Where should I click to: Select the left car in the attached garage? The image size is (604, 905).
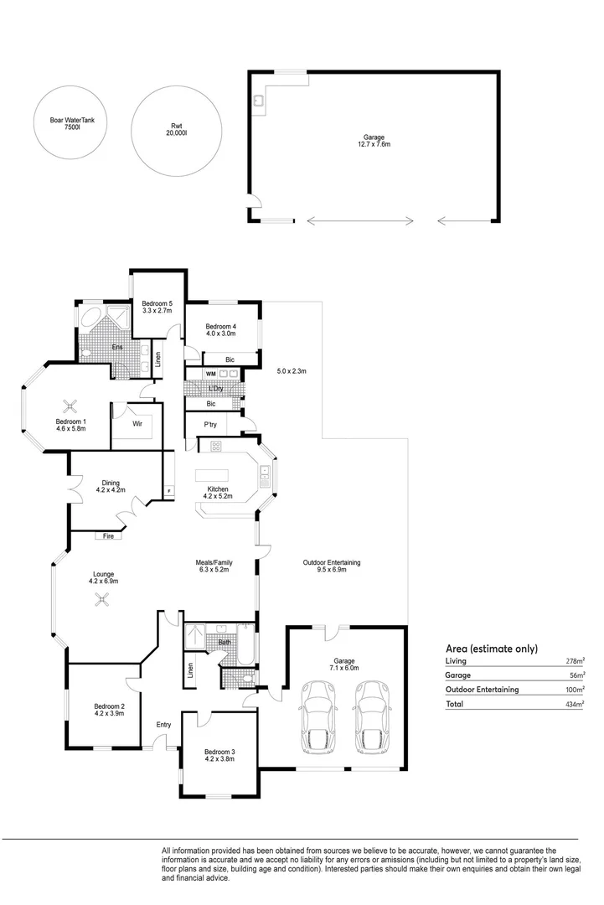tap(316, 716)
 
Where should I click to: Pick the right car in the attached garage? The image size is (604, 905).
tap(374, 716)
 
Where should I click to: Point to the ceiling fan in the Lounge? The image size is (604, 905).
tap(103, 600)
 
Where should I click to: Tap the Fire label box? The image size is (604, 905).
tap(108, 535)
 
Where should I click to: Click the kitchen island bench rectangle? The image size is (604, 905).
tap(212, 476)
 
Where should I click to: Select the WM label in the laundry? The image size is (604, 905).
tap(211, 374)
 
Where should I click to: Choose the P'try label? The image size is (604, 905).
tap(210, 424)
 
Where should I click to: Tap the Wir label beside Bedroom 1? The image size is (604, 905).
tap(137, 424)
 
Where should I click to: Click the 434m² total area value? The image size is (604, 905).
tap(575, 704)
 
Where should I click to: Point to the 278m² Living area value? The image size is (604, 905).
tap(576, 661)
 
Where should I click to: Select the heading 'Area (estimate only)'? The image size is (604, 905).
tap(492, 649)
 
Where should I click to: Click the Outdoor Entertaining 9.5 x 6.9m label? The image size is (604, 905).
tap(332, 566)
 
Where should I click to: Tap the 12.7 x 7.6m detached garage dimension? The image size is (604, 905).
tap(374, 144)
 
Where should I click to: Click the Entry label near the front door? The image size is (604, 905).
tap(164, 724)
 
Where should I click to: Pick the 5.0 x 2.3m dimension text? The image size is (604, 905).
tap(292, 371)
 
